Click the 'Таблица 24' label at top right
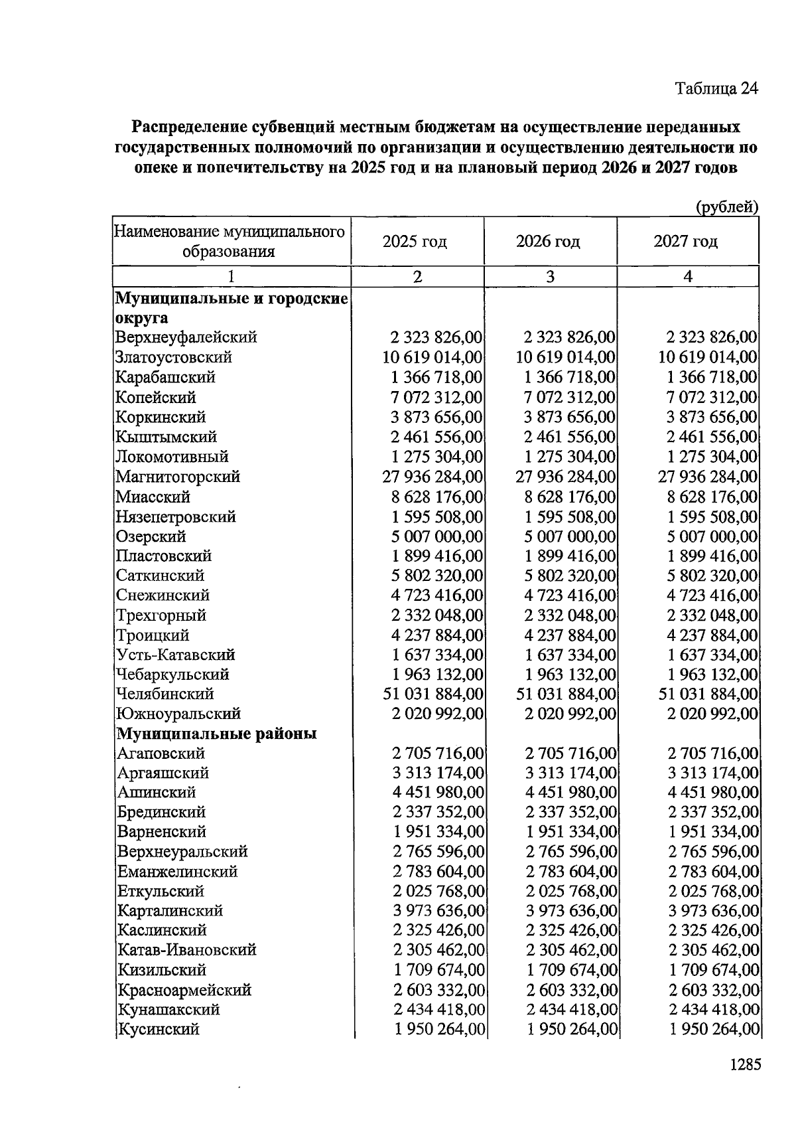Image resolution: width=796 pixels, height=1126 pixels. [716, 88]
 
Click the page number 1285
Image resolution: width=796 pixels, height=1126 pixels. [744, 1065]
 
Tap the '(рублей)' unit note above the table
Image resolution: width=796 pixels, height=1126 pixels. [726, 207]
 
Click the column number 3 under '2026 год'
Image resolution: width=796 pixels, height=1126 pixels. [550, 277]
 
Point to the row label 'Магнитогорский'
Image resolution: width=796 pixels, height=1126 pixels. [178, 477]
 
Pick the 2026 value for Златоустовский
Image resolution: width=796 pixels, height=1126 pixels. [566, 357]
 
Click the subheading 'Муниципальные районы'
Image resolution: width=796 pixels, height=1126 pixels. [217, 734]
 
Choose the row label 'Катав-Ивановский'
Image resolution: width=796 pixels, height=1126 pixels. [187, 950]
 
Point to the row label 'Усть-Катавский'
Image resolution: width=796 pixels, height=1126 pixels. [176, 655]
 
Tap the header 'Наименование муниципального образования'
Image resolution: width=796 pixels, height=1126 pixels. [230, 242]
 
